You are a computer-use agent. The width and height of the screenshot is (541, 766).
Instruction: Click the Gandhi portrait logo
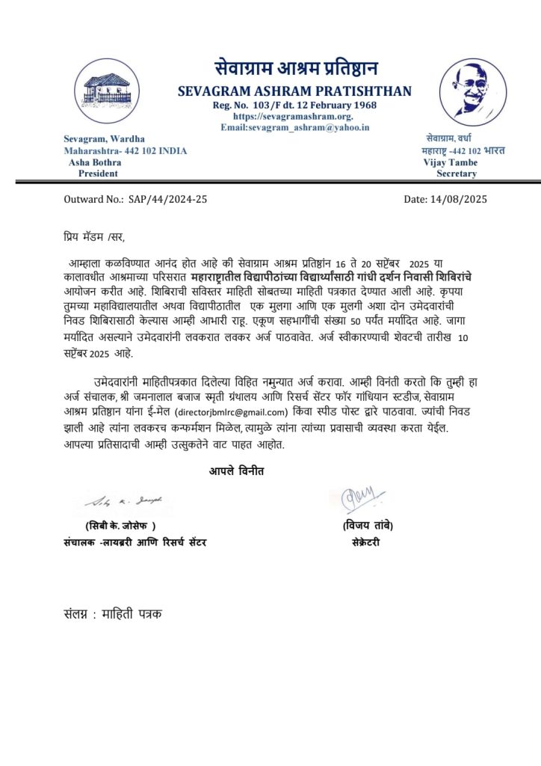(x=474, y=91)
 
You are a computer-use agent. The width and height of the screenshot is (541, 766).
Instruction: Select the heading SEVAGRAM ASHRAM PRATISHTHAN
(x=294, y=91)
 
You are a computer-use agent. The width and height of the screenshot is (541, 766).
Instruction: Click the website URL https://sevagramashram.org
(x=293, y=116)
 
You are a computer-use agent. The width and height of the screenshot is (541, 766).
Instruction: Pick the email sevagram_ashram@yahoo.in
(x=294, y=127)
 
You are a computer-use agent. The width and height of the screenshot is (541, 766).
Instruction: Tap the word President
(x=98, y=173)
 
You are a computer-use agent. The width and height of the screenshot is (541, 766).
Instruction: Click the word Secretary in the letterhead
(x=456, y=173)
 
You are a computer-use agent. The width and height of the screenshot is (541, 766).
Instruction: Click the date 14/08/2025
(x=455, y=199)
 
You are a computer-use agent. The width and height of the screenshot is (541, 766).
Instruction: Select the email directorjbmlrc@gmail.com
(x=232, y=412)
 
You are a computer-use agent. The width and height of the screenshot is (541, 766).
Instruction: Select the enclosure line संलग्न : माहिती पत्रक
(x=112, y=614)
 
